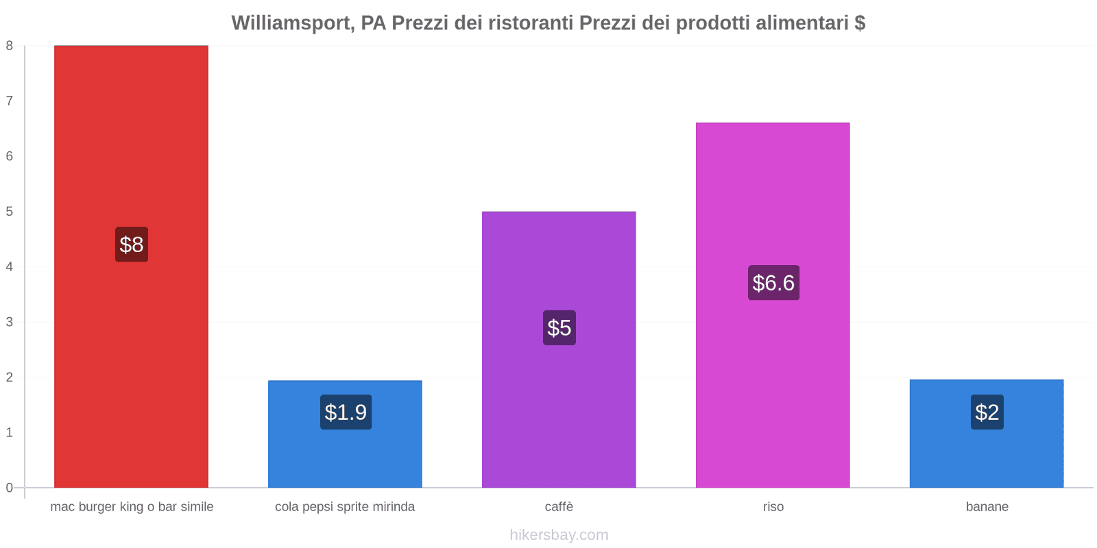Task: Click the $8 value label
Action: pyautogui.click(x=132, y=245)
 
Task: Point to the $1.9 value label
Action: pyautogui.click(x=346, y=412)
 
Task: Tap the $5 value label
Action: pyautogui.click(x=559, y=327)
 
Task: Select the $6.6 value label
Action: pyautogui.click(x=773, y=283)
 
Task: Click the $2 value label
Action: pyautogui.click(x=987, y=412)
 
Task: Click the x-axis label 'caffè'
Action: pyautogui.click(x=559, y=507)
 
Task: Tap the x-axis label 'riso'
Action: pyautogui.click(x=773, y=507)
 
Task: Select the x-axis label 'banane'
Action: pyautogui.click(x=987, y=507)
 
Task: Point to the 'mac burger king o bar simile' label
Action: pyautogui.click(x=132, y=507)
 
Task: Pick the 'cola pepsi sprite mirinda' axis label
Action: pyautogui.click(x=345, y=507)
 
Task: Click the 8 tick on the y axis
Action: pyautogui.click(x=10, y=46)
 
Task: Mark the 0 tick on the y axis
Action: pyautogui.click(x=10, y=488)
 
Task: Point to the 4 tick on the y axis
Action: pyautogui.click(x=10, y=266)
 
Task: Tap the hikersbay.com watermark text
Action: pyautogui.click(x=559, y=535)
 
